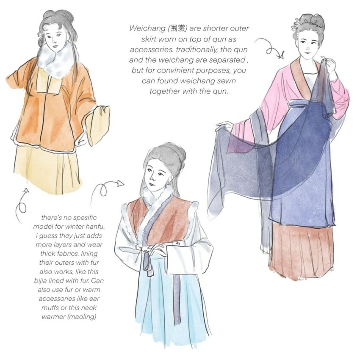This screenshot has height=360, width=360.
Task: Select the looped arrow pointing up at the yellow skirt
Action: (21, 205)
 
